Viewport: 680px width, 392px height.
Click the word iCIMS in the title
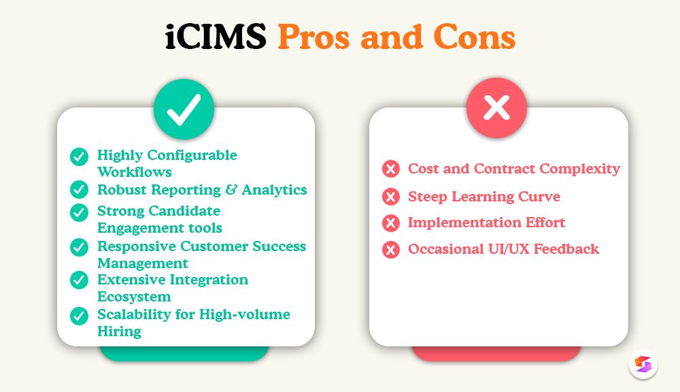click(216, 38)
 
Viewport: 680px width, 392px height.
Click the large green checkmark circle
click(184, 109)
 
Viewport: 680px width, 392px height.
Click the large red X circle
click(496, 108)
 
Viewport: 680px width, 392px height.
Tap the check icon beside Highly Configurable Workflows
click(80, 157)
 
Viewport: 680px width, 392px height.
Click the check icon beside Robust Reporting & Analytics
click(80, 189)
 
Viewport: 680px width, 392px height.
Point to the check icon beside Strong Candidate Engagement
click(80, 212)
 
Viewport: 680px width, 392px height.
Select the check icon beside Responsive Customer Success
click(80, 247)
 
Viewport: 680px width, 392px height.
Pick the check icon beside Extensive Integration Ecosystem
click(80, 280)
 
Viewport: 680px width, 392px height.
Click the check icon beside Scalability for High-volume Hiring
click(80, 315)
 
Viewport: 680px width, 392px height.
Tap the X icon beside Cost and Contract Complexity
click(391, 169)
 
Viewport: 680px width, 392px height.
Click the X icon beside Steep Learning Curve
click(391, 197)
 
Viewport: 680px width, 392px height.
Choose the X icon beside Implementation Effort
click(391, 223)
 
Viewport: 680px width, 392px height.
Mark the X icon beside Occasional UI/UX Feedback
click(391, 249)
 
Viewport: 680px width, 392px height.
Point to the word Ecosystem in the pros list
click(134, 297)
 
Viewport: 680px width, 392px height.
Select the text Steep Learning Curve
click(484, 197)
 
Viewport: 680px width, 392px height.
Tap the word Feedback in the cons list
click(566, 249)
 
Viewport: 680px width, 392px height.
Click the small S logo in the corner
click(643, 364)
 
